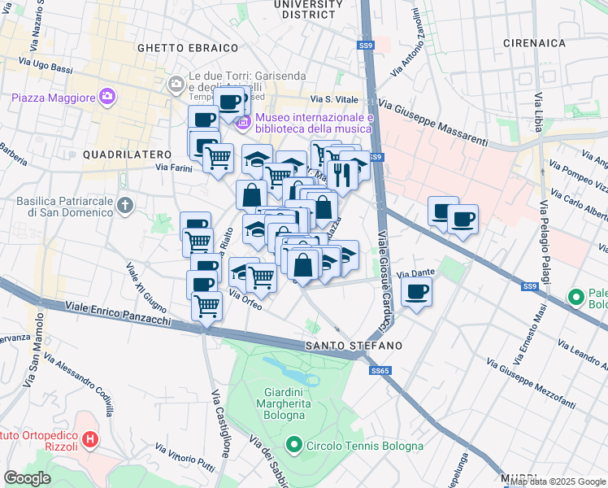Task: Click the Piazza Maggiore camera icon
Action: pos(107,98)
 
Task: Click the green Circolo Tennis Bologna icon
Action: pos(294,446)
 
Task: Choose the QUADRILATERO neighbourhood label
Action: pos(126,154)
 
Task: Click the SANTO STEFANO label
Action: pos(354,346)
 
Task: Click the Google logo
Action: pos(28,477)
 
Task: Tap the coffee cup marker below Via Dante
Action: pos(417,291)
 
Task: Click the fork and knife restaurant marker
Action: pos(341,173)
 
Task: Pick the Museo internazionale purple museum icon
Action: pos(243,124)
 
